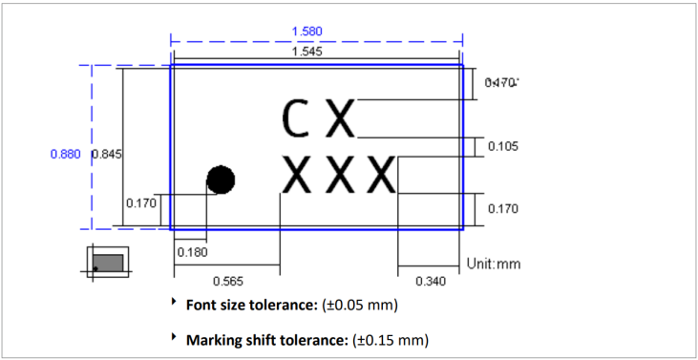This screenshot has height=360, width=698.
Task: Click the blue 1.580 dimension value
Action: pos(307,31)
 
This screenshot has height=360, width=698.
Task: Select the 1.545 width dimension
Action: pos(307,52)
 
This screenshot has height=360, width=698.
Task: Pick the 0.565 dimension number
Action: pos(226,281)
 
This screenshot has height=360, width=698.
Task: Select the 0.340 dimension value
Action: pos(430,281)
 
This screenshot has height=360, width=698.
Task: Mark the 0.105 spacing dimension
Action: pos(503,146)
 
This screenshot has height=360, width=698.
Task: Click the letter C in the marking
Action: pos(295,118)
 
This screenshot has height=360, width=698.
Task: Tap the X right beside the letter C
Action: pos(340,118)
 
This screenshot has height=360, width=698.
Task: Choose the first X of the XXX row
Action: pos(298,175)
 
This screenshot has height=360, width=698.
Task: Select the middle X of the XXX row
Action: pos(340,175)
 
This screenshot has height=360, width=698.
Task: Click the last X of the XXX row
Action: pos(381,175)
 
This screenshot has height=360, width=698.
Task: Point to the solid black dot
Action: pos(221,179)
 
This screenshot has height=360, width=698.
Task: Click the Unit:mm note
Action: pos(493,264)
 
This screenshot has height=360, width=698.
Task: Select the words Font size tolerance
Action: pos(246,307)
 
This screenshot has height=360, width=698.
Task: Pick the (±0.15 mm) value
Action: pos(391,340)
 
